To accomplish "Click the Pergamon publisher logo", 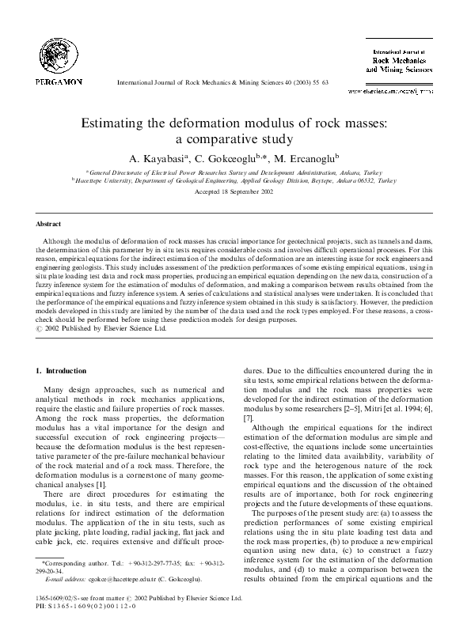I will pyautogui.click(x=59, y=55).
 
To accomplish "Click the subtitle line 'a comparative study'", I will pyautogui.click(x=235, y=140).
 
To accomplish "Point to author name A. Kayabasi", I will pyautogui.click(x=163, y=157).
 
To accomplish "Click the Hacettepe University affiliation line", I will pyautogui.click(x=235, y=180).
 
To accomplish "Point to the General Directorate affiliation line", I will pyautogui.click(x=235, y=172).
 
